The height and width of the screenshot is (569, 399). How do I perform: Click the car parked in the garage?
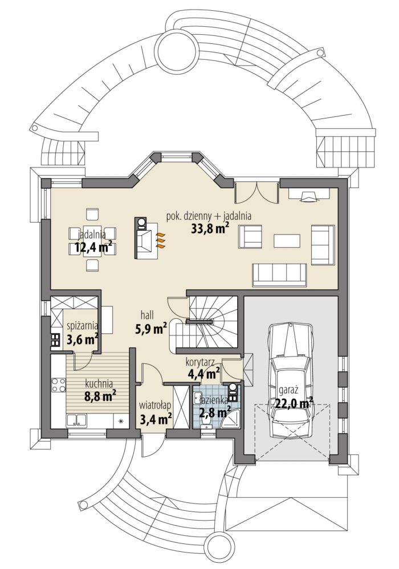[290, 378]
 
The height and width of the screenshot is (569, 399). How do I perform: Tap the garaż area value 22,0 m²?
[295, 403]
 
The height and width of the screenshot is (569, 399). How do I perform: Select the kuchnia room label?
[99, 383]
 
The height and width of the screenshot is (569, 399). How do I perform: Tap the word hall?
[147, 316]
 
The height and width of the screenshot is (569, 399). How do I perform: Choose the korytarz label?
[199, 362]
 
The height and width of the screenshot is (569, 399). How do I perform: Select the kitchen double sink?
[76, 420]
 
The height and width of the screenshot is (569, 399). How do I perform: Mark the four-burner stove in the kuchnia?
[58, 385]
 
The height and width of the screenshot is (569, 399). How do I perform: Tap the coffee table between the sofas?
[287, 240]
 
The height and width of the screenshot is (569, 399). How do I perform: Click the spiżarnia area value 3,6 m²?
[82, 339]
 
